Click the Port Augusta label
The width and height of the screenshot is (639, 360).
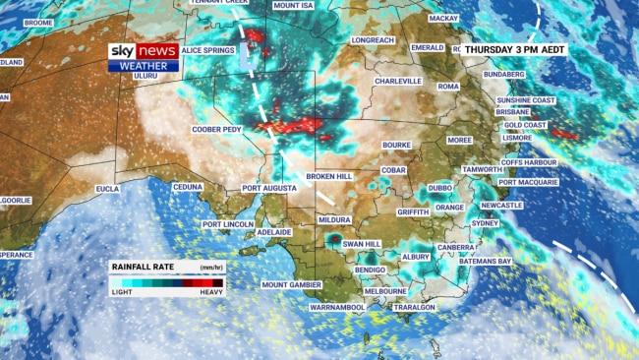pyautogui.click(x=269, y=188)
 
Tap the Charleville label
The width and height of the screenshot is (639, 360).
pyautogui.click(x=398, y=82)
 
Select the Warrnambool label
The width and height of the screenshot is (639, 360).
pyautogui.click(x=337, y=308)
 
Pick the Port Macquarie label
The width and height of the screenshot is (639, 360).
pyautogui.click(x=528, y=182)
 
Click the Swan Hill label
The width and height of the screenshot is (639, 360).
pyautogui.click(x=361, y=243)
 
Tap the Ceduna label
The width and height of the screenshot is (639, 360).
pyautogui.click(x=188, y=187)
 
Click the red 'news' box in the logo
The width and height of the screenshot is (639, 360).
pyautogui.click(x=158, y=51)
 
